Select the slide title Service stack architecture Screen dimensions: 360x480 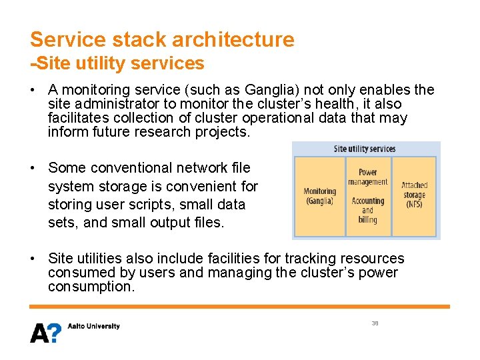(x=162, y=39)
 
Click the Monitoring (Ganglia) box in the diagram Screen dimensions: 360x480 (x=319, y=196)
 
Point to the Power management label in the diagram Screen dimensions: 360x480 (x=367, y=177)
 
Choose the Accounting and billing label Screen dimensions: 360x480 (x=367, y=210)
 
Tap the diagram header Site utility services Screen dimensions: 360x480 (x=365, y=149)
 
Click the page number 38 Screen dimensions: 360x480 (x=375, y=323)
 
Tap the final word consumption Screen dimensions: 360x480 (x=91, y=287)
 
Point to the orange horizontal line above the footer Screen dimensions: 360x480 (x=240, y=307)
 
